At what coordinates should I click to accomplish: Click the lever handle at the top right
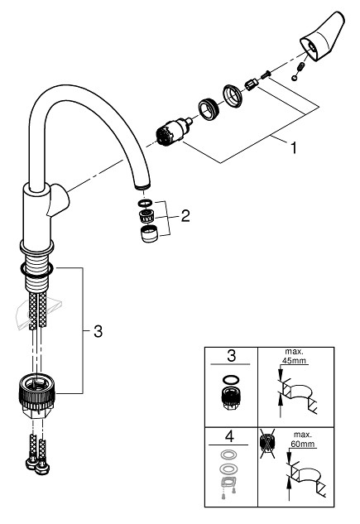322,36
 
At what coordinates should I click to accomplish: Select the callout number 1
294,148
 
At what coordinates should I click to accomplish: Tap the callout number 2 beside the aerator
185,216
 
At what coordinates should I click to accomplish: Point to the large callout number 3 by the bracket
98,331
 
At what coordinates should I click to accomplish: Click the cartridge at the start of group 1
173,132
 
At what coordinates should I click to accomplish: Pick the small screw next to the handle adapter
266,75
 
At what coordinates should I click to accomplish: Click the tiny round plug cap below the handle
294,78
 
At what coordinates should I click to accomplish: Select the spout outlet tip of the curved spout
142,185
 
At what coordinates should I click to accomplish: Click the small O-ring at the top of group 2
146,203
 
